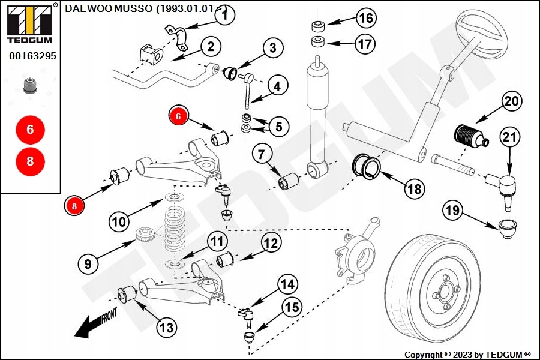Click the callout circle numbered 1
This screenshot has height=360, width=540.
click(224, 16)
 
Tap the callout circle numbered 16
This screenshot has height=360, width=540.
click(365, 19)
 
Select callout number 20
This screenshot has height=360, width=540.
click(511, 101)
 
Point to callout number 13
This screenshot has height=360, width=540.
click(167, 327)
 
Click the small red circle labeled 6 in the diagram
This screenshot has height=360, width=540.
click(178, 116)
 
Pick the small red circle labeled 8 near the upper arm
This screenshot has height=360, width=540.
click(74, 206)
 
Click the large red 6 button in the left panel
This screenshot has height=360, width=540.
click(30, 130)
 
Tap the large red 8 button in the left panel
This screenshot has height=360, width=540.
click(30, 161)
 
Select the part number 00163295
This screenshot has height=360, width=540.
click(32, 56)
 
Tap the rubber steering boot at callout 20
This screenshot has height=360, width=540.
click(469, 136)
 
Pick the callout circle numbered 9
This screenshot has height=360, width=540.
click(88, 263)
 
